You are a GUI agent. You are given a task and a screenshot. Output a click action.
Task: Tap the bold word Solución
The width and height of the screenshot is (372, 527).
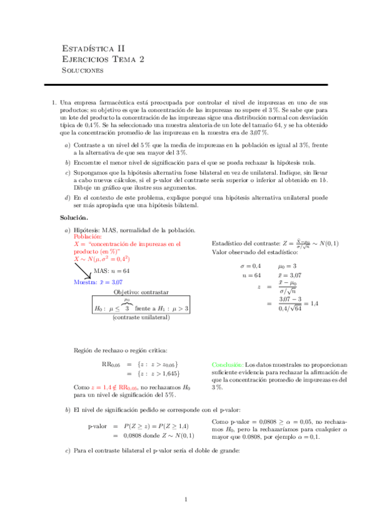(74, 218)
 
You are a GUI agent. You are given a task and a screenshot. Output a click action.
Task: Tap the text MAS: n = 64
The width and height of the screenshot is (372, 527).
(111, 271)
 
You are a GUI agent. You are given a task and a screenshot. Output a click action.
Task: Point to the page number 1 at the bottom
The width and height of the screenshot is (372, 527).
(186, 500)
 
